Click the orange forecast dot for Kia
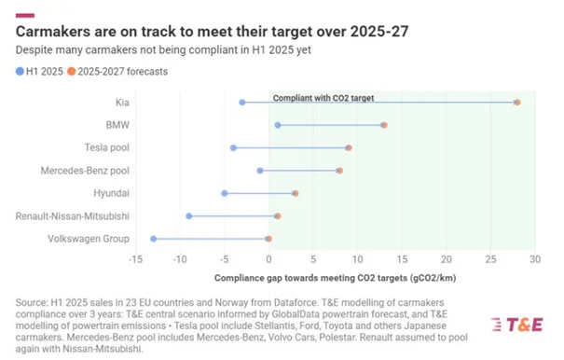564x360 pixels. coord(517,103)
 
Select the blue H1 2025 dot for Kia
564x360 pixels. coord(242,103)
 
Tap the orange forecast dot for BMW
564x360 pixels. coord(384,125)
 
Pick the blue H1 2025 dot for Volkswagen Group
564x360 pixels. coord(154,239)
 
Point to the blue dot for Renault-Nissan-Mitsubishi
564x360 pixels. coord(189,216)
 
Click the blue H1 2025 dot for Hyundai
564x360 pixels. coord(225,193)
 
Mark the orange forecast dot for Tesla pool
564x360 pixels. coord(349,147)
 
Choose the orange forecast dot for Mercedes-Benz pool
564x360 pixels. coord(339,171)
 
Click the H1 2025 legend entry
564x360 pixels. coord(39,72)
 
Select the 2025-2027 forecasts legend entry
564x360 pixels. coord(117,72)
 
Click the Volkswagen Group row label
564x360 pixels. coord(89,239)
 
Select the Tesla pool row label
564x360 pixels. coord(107,147)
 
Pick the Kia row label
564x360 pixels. coord(122,103)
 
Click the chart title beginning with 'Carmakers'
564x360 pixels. coord(212,32)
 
